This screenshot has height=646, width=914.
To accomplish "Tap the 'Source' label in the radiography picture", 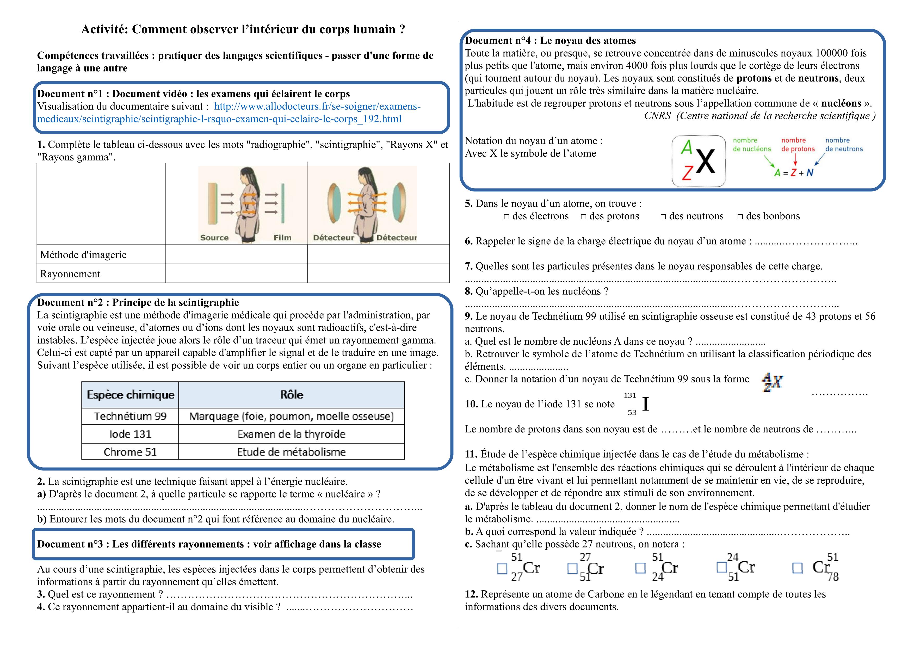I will point(214,238).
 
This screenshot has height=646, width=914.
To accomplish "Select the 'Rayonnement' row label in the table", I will point(70,274).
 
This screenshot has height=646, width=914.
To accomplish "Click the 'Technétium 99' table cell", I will point(130,416).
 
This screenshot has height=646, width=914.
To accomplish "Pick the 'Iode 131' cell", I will point(130,434).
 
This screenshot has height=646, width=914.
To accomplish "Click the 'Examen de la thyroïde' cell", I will point(291,434).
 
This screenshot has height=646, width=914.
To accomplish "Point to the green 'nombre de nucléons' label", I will point(752,145).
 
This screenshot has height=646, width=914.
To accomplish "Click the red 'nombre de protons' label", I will point(798,145).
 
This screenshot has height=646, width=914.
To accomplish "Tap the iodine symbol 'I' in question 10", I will point(645,404).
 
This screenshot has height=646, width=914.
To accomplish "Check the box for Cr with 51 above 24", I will point(640,568).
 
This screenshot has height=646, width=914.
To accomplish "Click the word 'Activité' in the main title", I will point(105,29).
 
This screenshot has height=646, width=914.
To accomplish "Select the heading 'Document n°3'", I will point(70,544).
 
